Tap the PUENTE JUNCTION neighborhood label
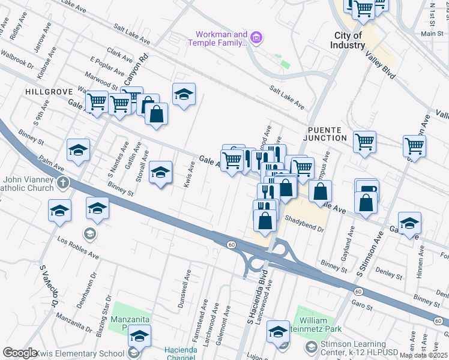327,134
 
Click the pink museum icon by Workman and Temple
256,38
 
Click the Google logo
19,353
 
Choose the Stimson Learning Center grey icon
310,347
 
